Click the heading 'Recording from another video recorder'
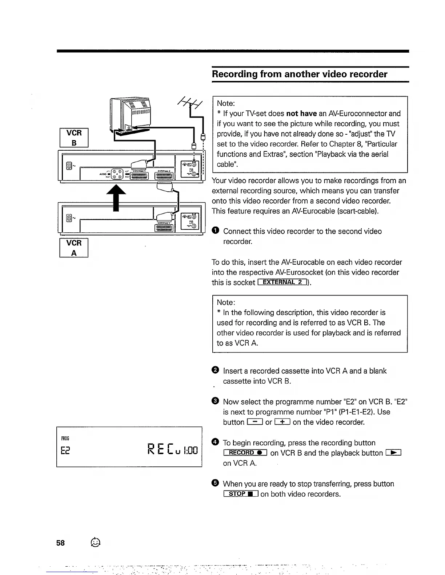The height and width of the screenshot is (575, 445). click(x=300, y=74)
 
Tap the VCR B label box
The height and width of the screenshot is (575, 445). click(x=74, y=138)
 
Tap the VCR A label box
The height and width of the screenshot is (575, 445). click(x=74, y=248)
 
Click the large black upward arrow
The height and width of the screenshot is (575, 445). click(x=116, y=196)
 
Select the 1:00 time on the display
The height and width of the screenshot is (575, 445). click(x=190, y=451)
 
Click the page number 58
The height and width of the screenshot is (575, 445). click(x=60, y=543)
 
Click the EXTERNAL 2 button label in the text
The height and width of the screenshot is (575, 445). click(x=283, y=282)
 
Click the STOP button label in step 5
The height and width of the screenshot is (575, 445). click(x=241, y=494)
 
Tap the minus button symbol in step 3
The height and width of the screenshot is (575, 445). click(x=254, y=422)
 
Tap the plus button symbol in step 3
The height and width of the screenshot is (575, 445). click(x=282, y=422)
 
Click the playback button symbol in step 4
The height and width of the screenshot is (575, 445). click(x=393, y=453)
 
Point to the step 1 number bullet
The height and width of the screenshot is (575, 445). click(x=215, y=231)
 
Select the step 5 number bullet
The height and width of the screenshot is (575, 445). click(x=215, y=483)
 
